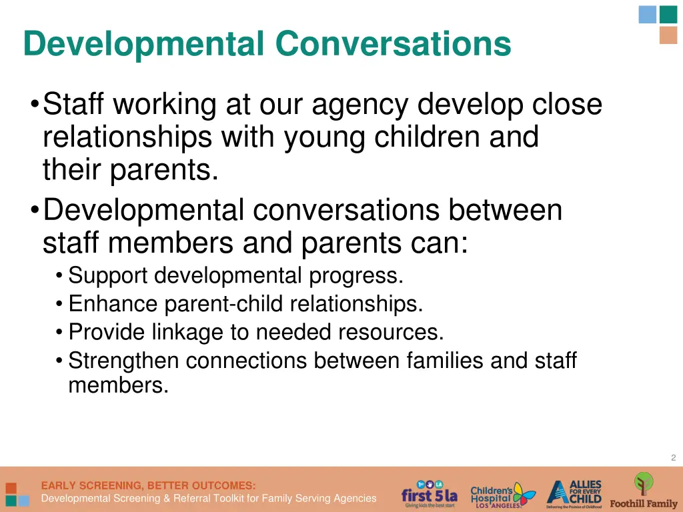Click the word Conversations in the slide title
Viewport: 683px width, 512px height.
click(393, 44)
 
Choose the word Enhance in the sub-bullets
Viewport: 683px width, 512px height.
click(113, 304)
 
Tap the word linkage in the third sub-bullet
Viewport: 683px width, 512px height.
click(209, 331)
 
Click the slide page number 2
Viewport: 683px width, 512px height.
click(673, 457)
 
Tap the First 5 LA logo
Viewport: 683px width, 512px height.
click(429, 494)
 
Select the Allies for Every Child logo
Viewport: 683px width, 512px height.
click(574, 494)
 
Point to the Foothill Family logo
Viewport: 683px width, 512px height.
click(644, 491)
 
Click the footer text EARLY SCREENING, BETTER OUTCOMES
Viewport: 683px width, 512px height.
click(148, 485)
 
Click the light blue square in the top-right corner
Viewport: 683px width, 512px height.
click(647, 14)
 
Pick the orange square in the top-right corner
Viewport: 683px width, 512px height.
click(668, 35)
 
